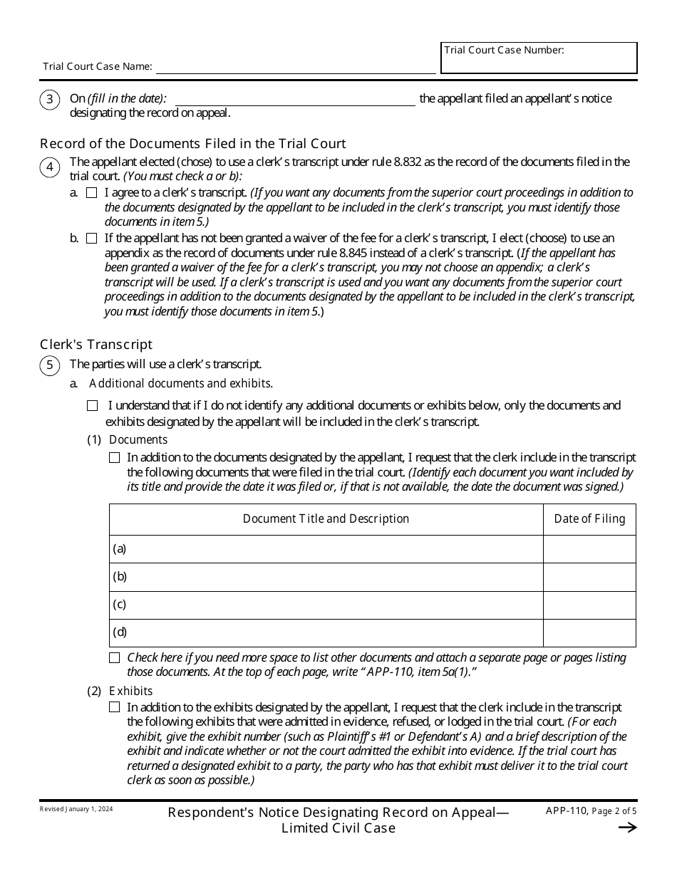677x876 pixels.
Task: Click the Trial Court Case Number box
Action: click(x=539, y=63)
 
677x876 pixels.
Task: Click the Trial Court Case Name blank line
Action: click(x=295, y=68)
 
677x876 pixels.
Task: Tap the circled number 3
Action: click(x=49, y=100)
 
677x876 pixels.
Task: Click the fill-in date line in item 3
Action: click(x=295, y=100)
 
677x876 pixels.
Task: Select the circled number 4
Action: click(x=49, y=168)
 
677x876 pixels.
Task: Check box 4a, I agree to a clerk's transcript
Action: click(x=91, y=193)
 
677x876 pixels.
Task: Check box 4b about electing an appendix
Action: click(x=91, y=239)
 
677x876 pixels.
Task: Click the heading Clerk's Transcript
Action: click(x=96, y=345)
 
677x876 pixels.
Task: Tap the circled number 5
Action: click(x=49, y=366)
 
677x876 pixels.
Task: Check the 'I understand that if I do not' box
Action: click(x=92, y=406)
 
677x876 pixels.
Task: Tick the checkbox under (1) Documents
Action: click(x=114, y=458)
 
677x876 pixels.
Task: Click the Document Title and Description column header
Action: click(x=326, y=519)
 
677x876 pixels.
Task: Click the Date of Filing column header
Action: click(x=589, y=519)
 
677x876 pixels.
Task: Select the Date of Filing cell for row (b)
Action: click(x=589, y=577)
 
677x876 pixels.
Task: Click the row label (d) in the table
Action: click(x=120, y=632)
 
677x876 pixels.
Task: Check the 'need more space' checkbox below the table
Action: click(x=114, y=658)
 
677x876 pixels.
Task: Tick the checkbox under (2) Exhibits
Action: click(x=114, y=707)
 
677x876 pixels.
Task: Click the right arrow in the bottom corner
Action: click(x=627, y=828)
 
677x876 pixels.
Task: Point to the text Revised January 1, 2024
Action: click(x=76, y=810)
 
